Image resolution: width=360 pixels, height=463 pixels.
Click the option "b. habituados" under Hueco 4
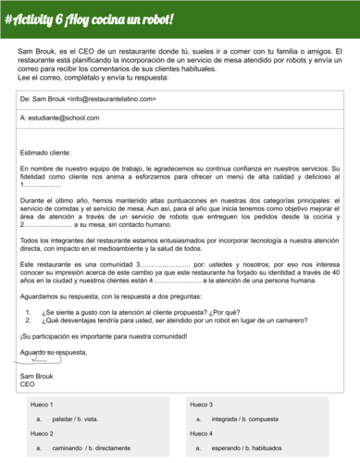(x=283, y=448)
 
